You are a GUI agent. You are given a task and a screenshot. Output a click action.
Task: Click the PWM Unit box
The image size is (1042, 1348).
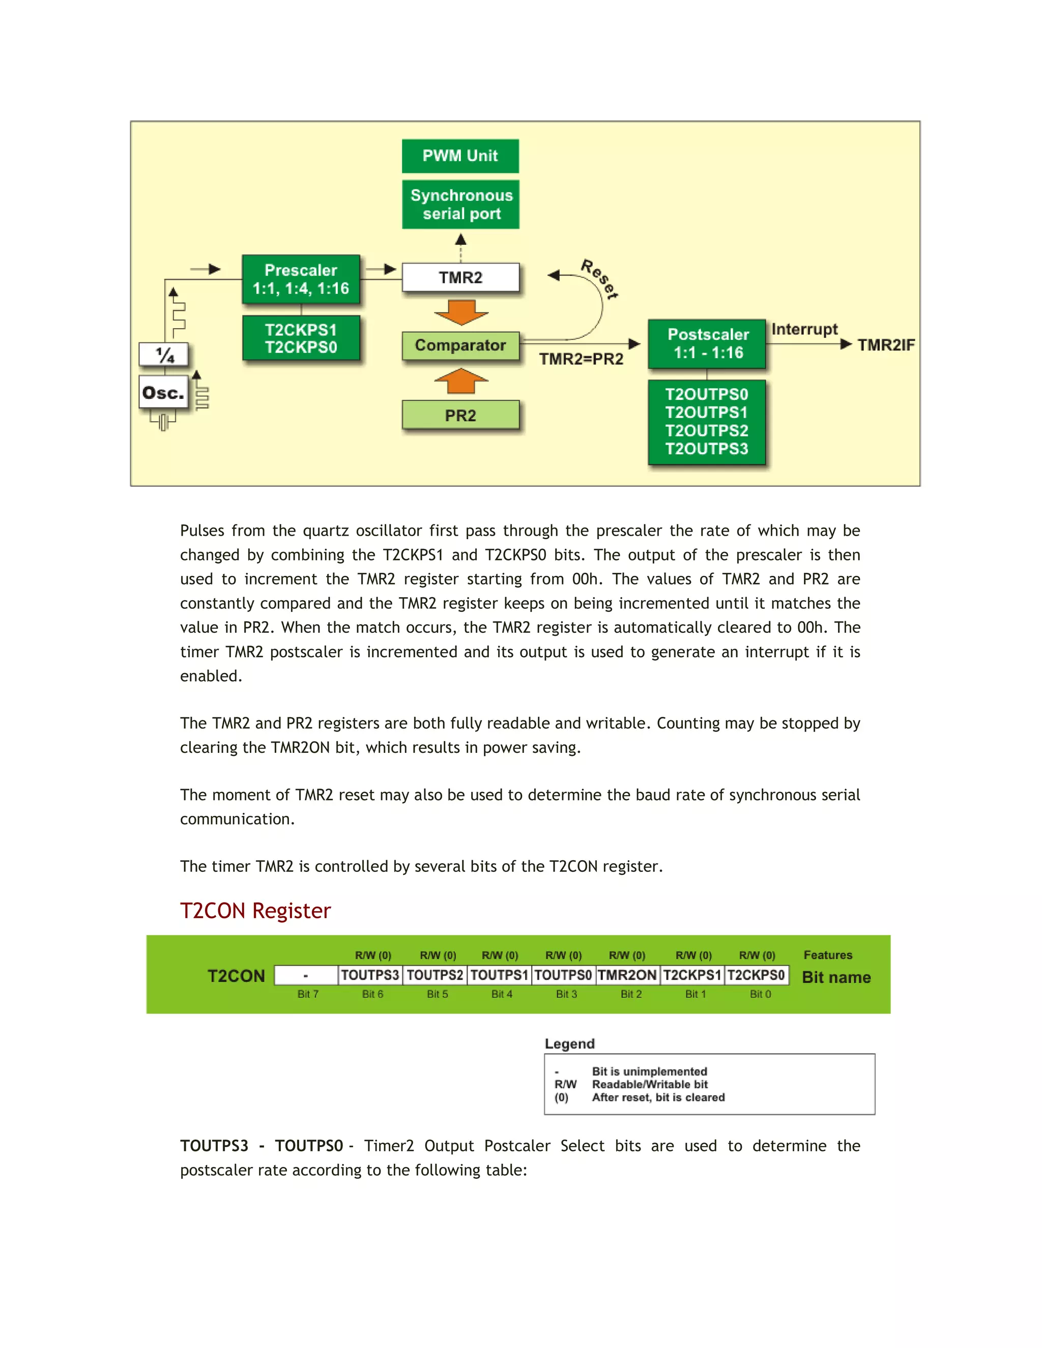[460, 156]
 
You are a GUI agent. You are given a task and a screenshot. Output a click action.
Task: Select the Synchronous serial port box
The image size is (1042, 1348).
[460, 204]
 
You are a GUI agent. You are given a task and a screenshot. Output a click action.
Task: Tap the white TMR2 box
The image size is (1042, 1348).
[460, 278]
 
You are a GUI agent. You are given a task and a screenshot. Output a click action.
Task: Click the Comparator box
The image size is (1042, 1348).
[460, 345]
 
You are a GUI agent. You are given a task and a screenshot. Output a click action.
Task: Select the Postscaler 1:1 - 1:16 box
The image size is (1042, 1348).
[707, 344]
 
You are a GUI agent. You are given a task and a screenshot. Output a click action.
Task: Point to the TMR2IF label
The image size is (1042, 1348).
[885, 345]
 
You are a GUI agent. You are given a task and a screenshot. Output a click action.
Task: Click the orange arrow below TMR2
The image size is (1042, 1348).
[461, 312]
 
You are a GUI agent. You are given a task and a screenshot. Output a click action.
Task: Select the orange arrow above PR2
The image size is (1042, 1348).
[461, 381]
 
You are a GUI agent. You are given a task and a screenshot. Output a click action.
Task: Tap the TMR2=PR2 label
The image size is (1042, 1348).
[581, 359]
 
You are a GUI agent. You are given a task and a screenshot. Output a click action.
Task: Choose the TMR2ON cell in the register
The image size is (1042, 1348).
[627, 975]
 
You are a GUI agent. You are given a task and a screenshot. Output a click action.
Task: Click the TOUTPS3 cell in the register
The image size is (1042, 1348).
[370, 975]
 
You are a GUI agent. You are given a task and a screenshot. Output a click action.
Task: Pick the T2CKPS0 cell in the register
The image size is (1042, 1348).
[756, 975]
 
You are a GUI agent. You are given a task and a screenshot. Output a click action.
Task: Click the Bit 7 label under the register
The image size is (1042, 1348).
[308, 994]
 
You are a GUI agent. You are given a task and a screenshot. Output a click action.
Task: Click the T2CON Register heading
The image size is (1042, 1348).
[255, 911]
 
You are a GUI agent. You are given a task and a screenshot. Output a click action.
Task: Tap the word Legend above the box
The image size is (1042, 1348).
[569, 1044]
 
